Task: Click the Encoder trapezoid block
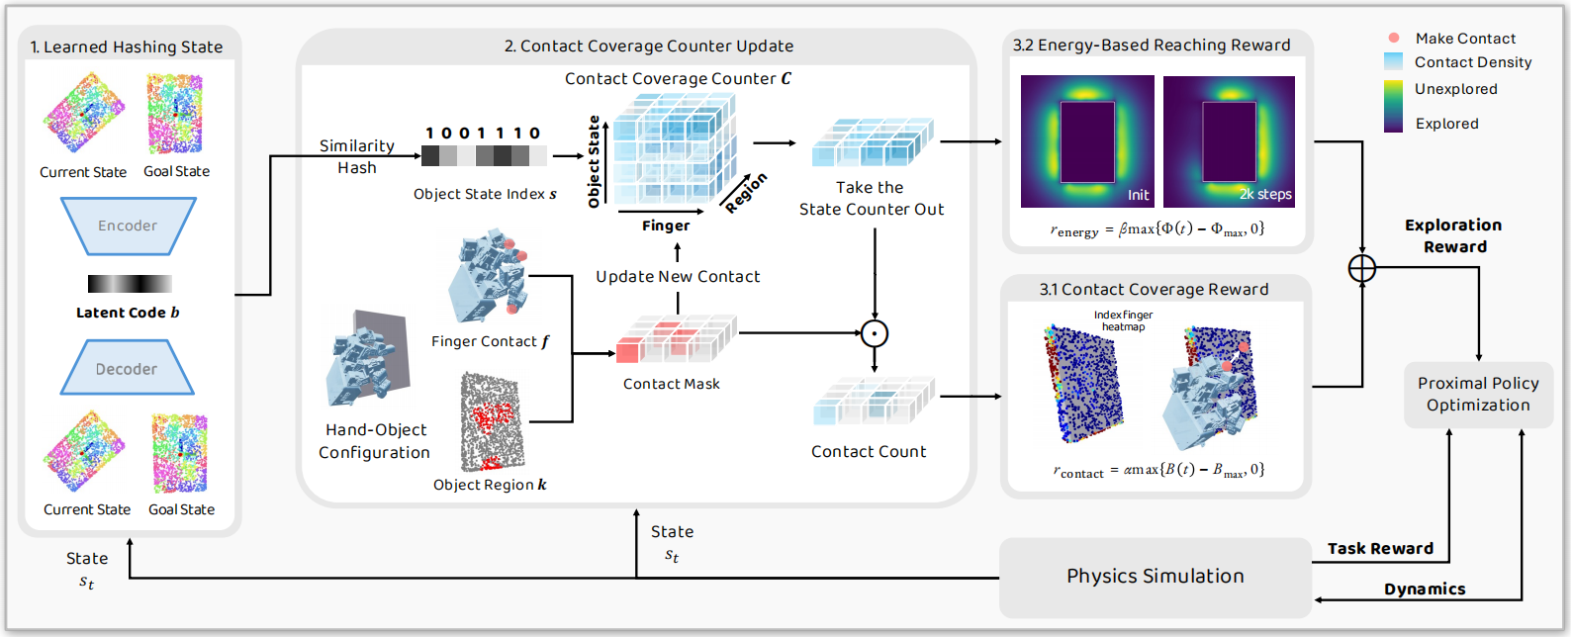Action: pos(128,226)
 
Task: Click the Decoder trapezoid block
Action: pos(127,368)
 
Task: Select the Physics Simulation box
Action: pos(1155,577)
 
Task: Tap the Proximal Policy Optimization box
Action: pos(1478,395)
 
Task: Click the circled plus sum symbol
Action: pos(1362,268)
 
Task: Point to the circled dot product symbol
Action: pos(875,333)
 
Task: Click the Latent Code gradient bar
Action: pos(130,284)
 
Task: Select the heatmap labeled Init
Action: pos(1087,141)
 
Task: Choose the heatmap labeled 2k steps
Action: pos(1229,141)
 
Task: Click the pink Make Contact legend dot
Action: pos(1394,38)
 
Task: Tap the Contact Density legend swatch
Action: pos(1393,61)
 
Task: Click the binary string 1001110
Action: pos(483,133)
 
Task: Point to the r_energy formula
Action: pos(1157,229)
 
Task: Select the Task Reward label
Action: pos(1380,548)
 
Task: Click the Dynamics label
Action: pos(1425,589)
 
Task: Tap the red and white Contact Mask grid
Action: pos(676,338)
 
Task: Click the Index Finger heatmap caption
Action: pos(1123,320)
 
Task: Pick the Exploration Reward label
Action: pos(1453,235)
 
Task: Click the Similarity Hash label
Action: pos(356,156)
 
